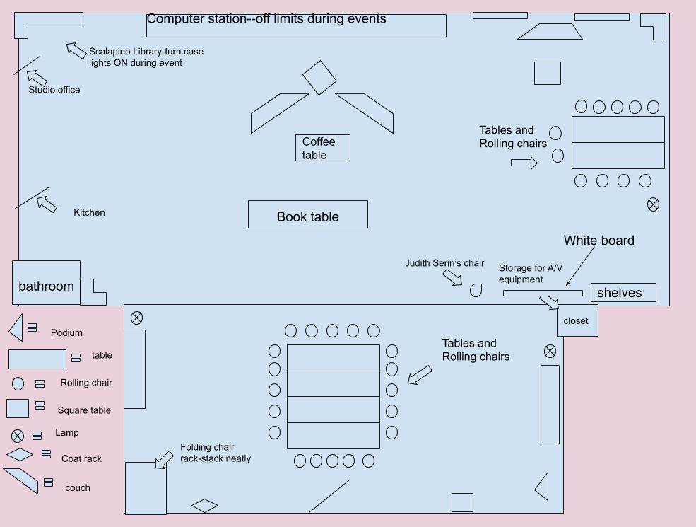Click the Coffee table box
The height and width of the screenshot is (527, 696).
coord(323,148)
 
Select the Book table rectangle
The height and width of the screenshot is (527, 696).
coord(308,214)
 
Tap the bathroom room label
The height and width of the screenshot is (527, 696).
coord(46,286)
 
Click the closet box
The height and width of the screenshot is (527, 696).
coord(577,320)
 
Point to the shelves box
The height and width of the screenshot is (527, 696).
coord(623,292)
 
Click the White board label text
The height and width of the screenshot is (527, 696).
coord(598,241)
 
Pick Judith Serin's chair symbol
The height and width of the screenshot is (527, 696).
coord(476,290)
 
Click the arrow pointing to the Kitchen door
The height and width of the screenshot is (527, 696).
coord(47,204)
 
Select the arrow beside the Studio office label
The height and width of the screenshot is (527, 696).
coord(37,78)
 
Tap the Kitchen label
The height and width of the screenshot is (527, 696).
coord(89,212)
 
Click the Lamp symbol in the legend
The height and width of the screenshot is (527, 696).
coord(17,436)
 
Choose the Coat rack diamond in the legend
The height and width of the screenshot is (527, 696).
coord(20,455)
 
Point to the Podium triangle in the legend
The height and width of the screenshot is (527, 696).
coord(17,328)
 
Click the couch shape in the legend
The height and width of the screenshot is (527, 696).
coord(21,480)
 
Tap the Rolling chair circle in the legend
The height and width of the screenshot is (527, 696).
coord(18,383)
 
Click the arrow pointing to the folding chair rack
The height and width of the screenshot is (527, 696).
coord(164,460)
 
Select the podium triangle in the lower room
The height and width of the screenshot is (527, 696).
coord(543,487)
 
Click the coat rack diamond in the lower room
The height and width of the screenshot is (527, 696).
coord(205,506)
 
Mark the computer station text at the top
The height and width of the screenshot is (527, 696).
coord(266,18)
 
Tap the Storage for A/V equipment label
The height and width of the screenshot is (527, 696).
coord(531,274)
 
